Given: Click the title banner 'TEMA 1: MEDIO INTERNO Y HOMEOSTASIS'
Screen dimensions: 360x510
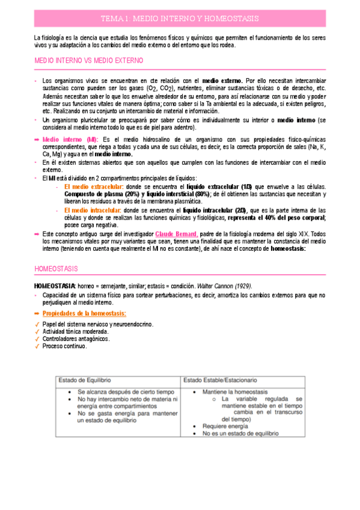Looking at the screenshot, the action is pyautogui.click(x=180, y=19).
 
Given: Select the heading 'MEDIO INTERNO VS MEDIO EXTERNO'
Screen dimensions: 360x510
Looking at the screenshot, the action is pyautogui.click(x=88, y=61).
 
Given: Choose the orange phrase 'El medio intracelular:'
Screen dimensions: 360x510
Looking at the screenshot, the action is pyautogui.click(x=92, y=210).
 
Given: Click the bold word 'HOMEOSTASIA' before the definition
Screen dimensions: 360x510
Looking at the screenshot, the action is pyautogui.click(x=55, y=285).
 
